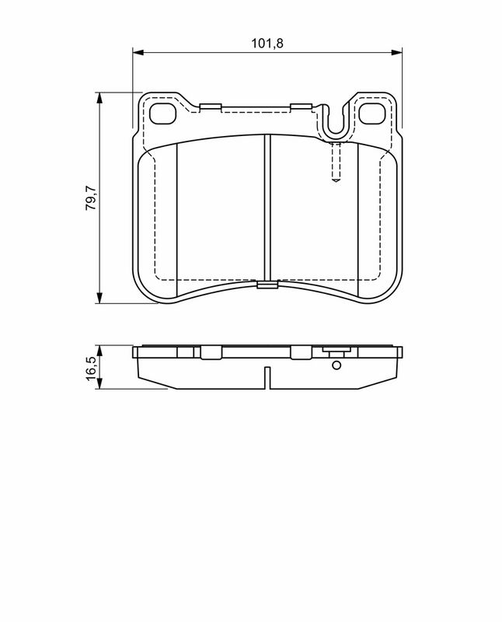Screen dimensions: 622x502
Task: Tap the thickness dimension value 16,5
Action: (90, 366)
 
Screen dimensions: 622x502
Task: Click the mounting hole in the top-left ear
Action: (163, 114)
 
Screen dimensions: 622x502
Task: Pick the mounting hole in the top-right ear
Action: (375, 114)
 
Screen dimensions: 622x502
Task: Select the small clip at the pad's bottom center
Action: (267, 285)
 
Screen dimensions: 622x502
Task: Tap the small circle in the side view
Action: (336, 365)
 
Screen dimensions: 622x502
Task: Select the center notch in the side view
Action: (267, 378)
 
